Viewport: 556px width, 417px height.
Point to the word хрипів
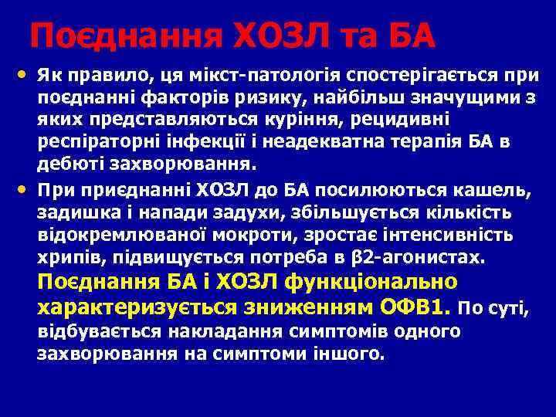pyautogui.click(x=67, y=257)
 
